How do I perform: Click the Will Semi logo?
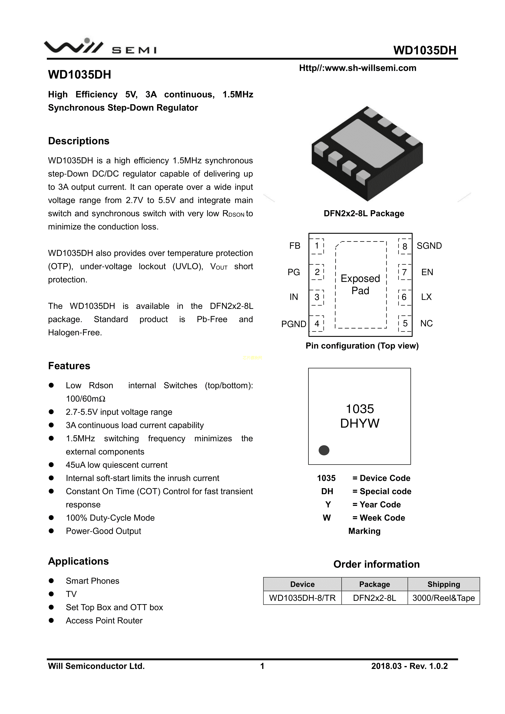pos(100,47)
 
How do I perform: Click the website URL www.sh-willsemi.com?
pos(358,68)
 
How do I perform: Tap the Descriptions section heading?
pos(79,141)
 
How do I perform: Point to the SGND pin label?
pos(429,246)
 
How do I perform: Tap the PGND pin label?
pos(294,324)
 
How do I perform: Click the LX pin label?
pos(426,297)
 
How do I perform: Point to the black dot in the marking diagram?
pos(324,450)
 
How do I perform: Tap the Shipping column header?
pos(444,584)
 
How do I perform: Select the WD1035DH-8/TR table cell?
pos(302,598)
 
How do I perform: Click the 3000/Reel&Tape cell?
pos(444,598)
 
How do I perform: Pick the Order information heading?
pos(376,564)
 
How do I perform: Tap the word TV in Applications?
pos(71,594)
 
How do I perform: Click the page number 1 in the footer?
pos(262,666)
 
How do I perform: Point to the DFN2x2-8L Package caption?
pos(364,214)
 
